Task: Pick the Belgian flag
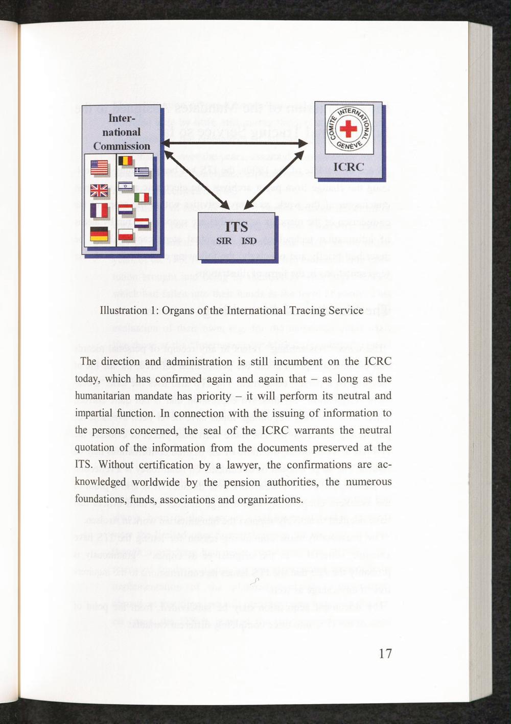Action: tap(126, 162)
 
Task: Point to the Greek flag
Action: tap(140, 173)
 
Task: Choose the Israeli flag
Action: tap(126, 187)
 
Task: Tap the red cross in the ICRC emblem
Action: tap(349, 128)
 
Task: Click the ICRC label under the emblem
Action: tap(349, 167)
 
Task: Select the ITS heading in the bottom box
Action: tap(236, 226)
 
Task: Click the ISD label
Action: tap(249, 241)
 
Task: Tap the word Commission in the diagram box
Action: tap(122, 146)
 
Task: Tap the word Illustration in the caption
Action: tap(124, 310)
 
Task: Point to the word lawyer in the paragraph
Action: tap(246, 464)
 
